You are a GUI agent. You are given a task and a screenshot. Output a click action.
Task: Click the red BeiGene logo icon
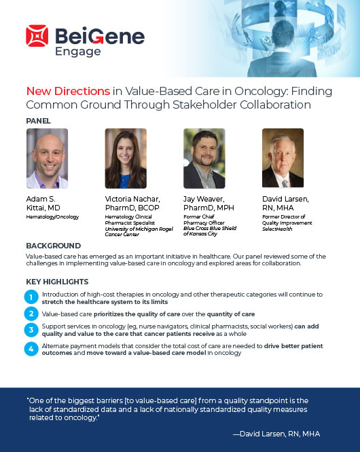click(37, 36)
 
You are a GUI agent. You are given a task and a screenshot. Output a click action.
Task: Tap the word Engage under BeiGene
click(78, 52)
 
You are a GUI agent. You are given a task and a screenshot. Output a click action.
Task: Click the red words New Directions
click(68, 91)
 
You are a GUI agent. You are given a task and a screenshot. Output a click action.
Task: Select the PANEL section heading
click(38, 121)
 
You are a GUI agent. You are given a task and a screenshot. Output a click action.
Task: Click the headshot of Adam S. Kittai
click(48, 158)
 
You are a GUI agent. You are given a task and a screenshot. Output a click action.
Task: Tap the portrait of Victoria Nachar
click(126, 158)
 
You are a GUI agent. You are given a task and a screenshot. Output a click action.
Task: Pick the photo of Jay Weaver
click(204, 158)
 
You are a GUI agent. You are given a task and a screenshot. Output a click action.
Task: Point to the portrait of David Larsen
click(283, 157)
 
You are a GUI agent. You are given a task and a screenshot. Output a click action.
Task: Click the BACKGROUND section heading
click(54, 246)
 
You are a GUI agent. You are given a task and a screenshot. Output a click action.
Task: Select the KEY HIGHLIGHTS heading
click(57, 282)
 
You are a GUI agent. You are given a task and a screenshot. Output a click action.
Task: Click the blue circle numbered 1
click(31, 297)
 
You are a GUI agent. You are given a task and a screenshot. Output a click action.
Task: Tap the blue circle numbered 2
click(31, 314)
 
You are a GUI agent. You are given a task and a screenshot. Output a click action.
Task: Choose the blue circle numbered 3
click(31, 330)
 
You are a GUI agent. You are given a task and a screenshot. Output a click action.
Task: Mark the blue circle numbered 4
click(31, 349)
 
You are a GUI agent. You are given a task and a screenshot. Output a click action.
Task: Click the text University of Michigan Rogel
click(139, 229)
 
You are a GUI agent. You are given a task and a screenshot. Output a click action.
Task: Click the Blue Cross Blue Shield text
click(210, 228)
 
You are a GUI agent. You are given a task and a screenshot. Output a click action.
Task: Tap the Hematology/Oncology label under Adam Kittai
click(52, 216)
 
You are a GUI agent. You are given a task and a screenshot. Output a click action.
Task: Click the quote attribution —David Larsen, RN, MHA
click(276, 434)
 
